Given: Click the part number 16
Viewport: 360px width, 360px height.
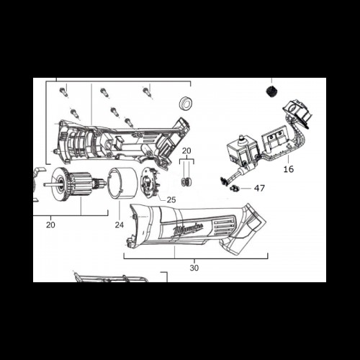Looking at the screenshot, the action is pyautogui.click(x=289, y=169).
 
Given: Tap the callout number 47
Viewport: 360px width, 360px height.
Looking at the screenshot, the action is pyautogui.click(x=259, y=189).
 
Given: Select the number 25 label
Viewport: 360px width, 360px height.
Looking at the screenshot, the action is pyautogui.click(x=171, y=199).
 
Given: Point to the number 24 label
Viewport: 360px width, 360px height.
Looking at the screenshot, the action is pyautogui.click(x=120, y=225).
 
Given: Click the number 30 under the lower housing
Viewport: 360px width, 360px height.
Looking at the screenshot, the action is pyautogui.click(x=194, y=268).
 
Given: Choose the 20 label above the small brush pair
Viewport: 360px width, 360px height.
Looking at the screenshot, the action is pyautogui.click(x=186, y=150).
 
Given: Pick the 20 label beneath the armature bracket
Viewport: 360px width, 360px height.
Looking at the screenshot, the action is pyautogui.click(x=50, y=225).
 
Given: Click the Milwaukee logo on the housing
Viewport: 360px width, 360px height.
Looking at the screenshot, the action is pyautogui.click(x=189, y=230).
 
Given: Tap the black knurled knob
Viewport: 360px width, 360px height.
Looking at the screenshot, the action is pyautogui.click(x=271, y=91).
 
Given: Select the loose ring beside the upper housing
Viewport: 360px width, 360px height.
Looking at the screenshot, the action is pyautogui.click(x=186, y=104).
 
